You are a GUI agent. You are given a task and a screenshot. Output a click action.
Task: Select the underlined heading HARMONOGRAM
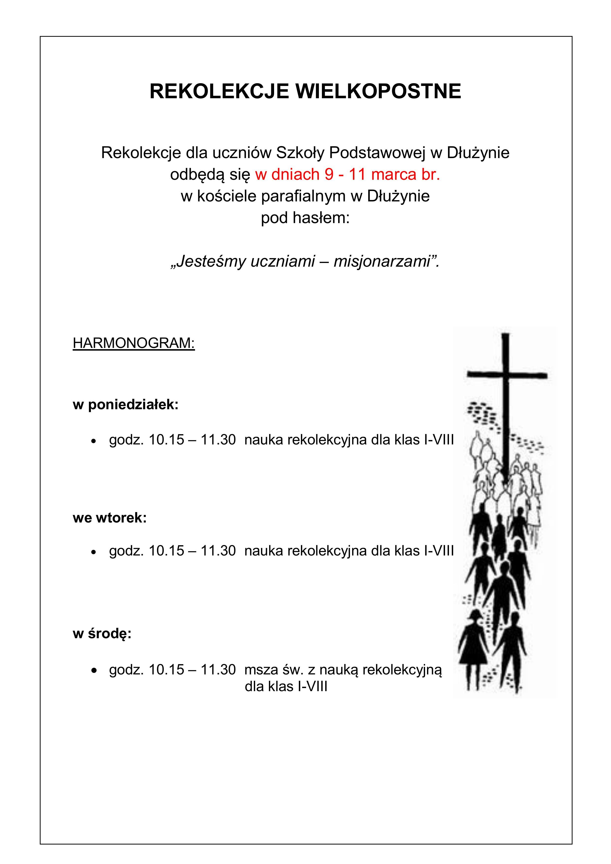pos(134,343)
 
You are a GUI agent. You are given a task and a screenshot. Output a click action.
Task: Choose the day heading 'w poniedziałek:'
pos(125,405)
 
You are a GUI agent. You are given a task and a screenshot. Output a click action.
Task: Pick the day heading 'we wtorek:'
pos(110,518)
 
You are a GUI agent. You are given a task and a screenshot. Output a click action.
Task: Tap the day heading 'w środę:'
pos(102,634)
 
